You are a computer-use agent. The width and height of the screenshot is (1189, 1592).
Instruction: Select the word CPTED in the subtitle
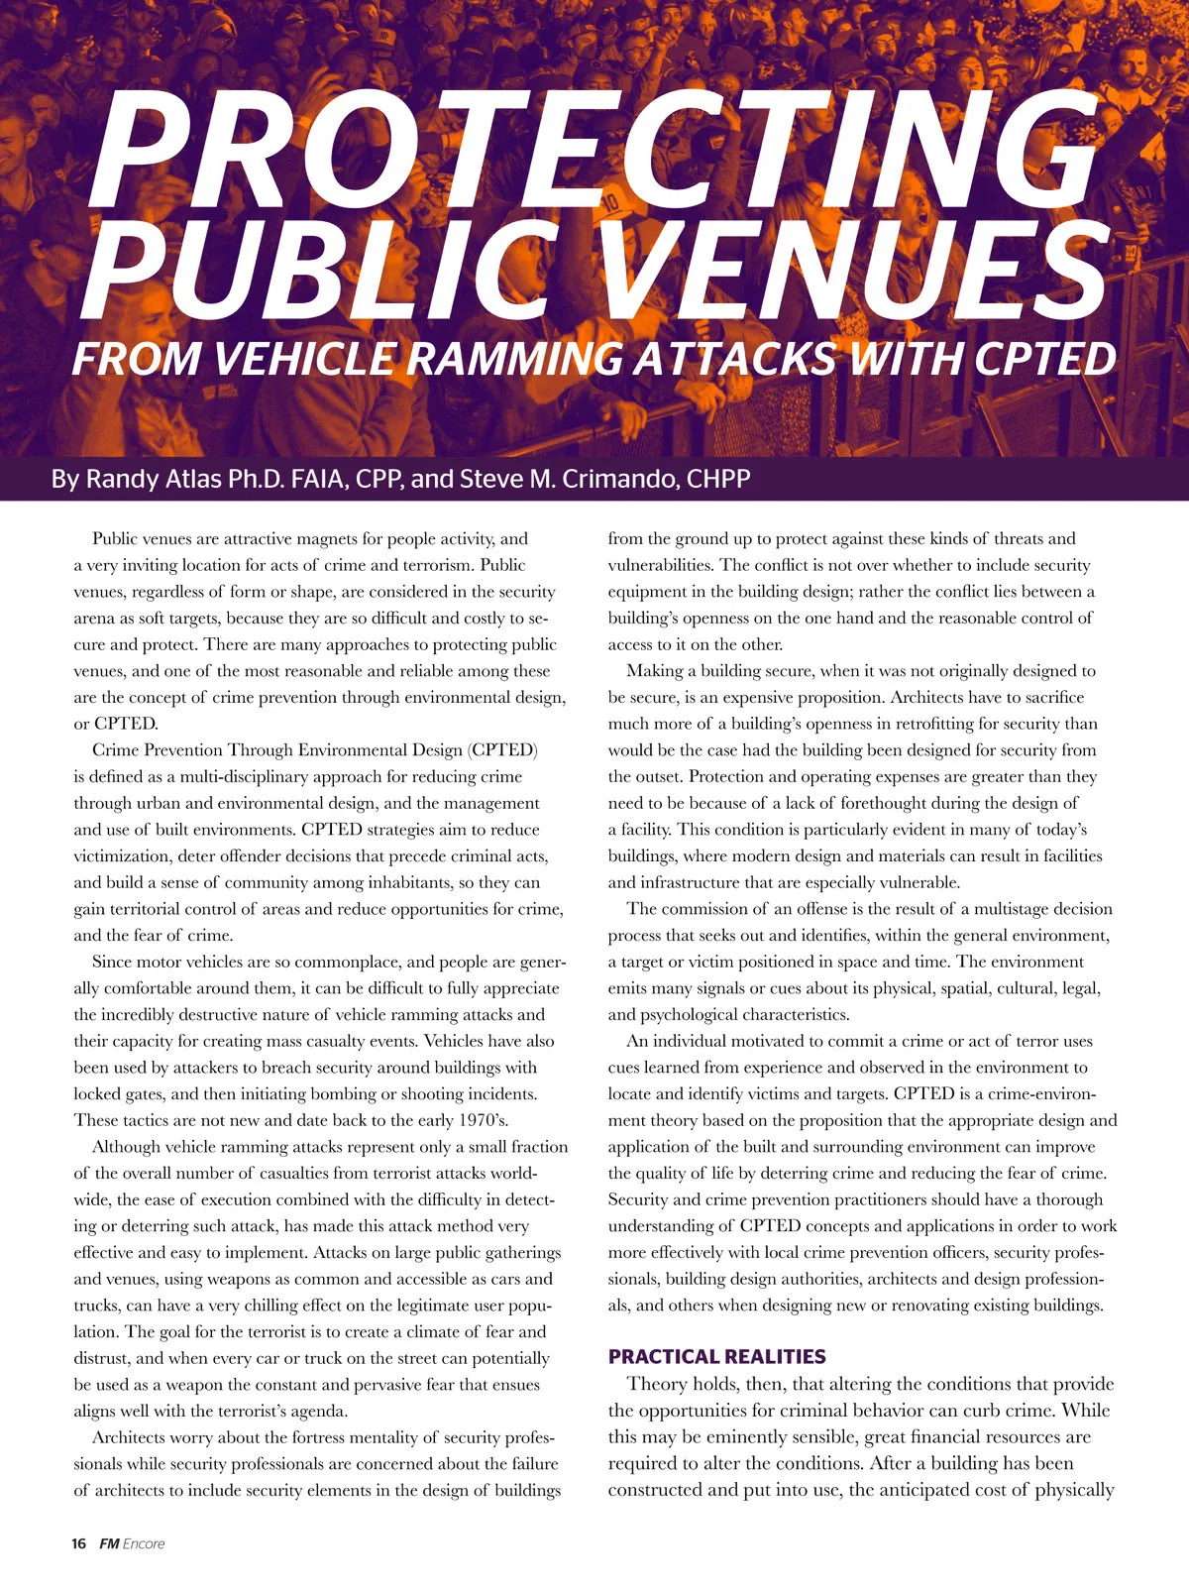coord(1045,359)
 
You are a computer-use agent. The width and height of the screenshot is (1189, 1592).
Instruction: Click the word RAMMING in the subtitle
coord(515,359)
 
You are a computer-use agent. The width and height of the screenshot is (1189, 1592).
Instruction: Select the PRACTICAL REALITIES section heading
coord(716,1357)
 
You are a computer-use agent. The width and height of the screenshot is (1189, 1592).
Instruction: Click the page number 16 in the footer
coord(79,1543)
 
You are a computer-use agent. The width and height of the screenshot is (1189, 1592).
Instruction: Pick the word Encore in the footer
coord(144,1543)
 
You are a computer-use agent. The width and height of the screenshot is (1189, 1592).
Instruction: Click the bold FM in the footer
coord(109,1543)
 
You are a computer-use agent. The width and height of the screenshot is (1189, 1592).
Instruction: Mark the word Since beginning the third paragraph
coord(112,963)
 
